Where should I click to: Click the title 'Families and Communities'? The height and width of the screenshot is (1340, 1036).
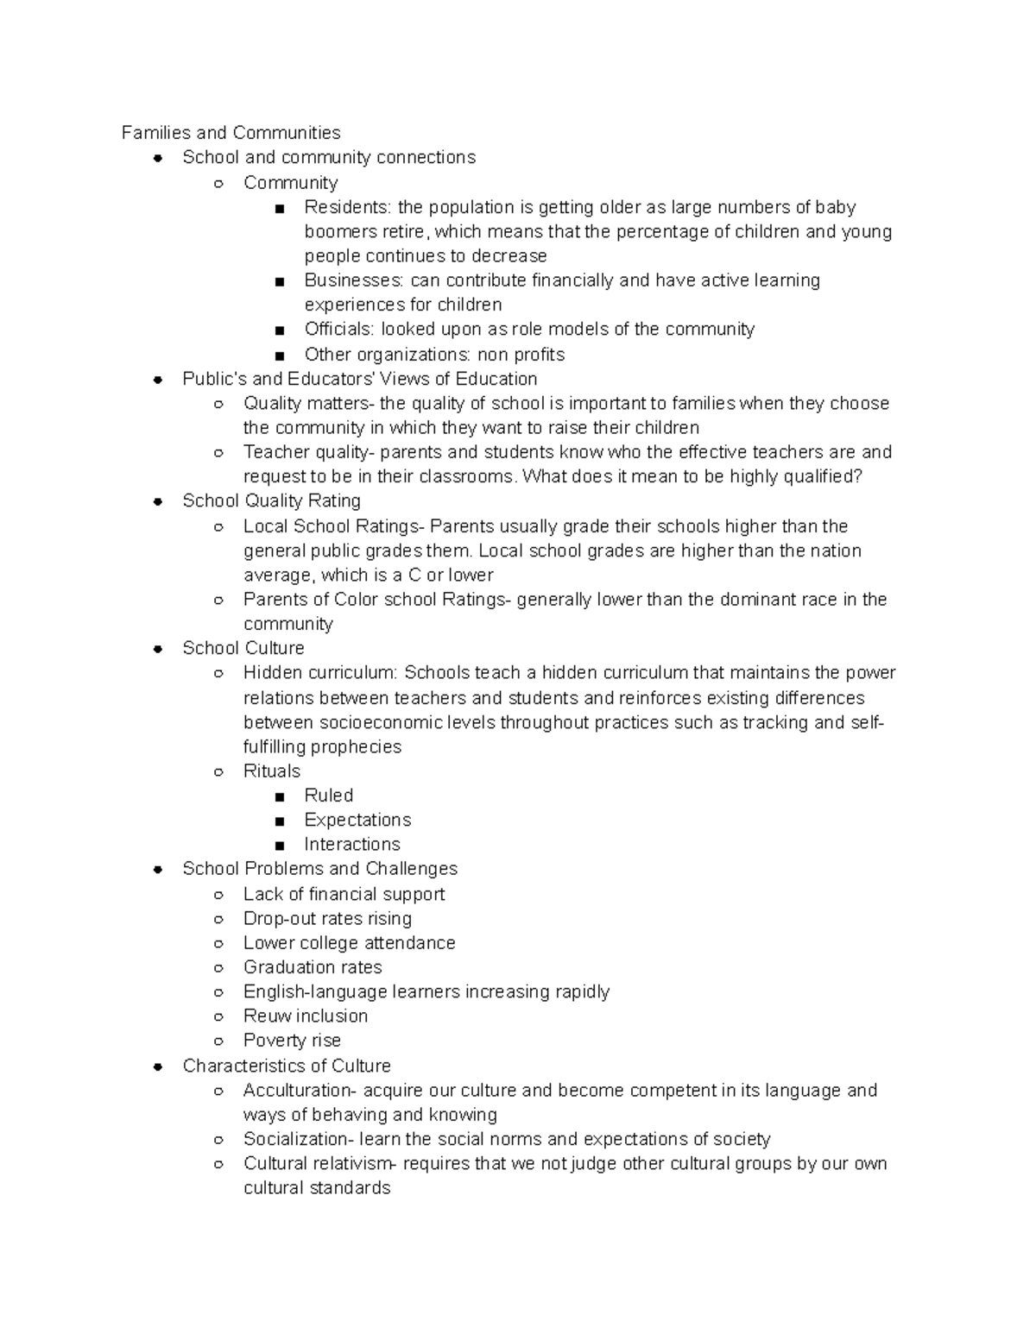coord(231,133)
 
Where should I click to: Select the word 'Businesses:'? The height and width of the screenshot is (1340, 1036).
coord(354,280)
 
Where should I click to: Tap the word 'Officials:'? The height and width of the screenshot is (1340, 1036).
coord(339,329)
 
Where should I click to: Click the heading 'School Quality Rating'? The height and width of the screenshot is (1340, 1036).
coord(271,501)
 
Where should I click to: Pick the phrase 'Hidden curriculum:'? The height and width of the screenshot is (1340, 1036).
coord(320,673)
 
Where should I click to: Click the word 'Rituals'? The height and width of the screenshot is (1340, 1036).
coord(272,771)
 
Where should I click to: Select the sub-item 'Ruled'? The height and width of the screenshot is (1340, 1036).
coord(328,796)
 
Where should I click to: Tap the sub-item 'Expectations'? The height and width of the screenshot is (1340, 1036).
coord(357,820)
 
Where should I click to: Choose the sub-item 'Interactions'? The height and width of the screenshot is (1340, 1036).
coord(352,844)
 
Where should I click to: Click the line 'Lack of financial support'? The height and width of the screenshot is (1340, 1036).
coord(344,894)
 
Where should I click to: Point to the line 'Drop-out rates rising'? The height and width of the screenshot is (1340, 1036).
coord(327,918)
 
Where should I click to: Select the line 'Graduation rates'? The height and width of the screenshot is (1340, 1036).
coord(313,967)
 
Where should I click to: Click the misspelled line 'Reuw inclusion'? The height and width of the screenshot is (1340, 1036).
coord(306,1016)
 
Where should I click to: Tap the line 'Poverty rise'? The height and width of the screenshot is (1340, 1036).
coord(292,1041)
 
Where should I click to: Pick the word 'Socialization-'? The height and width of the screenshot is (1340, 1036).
coord(299,1139)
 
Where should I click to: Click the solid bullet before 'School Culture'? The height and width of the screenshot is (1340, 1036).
coord(158,649)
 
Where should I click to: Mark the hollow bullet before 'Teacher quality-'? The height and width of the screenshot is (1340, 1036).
coord(219,453)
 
